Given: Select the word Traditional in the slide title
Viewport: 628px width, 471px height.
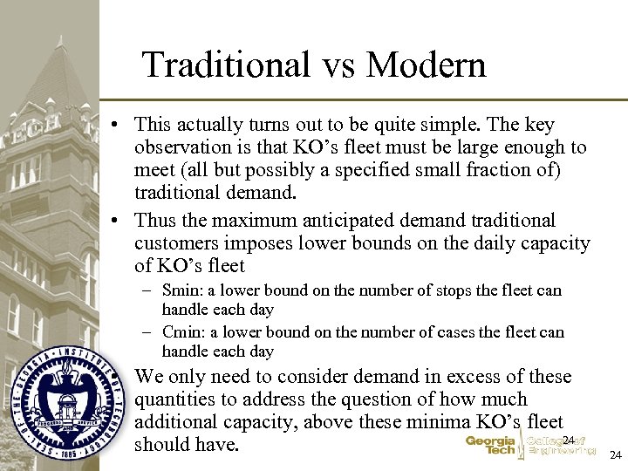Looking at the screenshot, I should pyautogui.click(x=226, y=65).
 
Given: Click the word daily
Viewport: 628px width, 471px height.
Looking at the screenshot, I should pyautogui.click(x=478, y=243).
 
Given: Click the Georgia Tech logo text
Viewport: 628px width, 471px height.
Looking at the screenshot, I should pyautogui.click(x=490, y=446).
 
